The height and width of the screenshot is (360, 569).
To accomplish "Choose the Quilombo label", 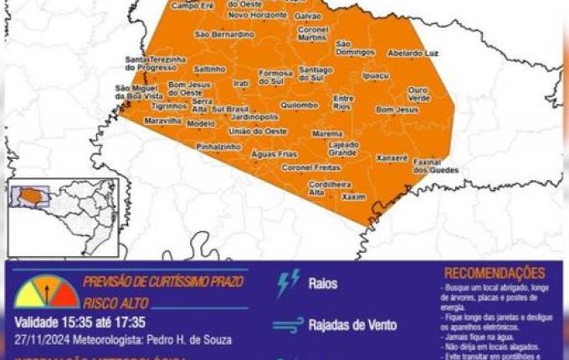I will [x=300, y=105].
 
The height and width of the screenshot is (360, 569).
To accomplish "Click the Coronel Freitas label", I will [x=310, y=167].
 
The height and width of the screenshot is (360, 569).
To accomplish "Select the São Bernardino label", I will [x=223, y=34].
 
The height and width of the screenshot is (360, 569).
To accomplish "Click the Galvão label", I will [x=309, y=15].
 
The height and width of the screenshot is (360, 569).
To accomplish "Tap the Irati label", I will [x=241, y=83].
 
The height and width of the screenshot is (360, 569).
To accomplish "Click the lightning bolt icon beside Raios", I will [x=288, y=285].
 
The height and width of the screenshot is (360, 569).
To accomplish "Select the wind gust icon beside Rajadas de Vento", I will [x=289, y=325].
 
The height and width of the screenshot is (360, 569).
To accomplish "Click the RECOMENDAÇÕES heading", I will [x=494, y=273].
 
